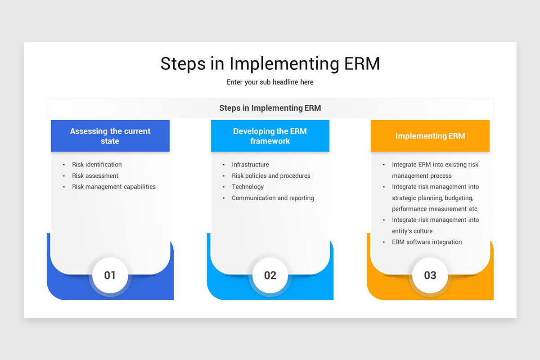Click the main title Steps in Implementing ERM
click(x=270, y=63)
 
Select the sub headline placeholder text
click(x=270, y=82)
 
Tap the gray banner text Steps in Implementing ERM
click(x=270, y=108)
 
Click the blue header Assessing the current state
click(x=110, y=136)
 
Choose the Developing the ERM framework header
click(x=270, y=136)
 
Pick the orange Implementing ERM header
click(x=430, y=136)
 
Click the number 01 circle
click(x=110, y=275)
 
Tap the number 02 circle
click(x=270, y=275)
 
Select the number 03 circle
click(x=430, y=275)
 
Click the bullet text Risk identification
click(x=97, y=165)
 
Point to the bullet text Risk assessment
click(x=95, y=176)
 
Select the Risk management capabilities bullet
click(x=114, y=187)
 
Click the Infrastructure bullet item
click(x=250, y=165)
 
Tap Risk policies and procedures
click(x=271, y=176)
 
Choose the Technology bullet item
click(x=247, y=187)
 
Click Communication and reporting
click(x=273, y=198)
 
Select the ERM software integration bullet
click(x=427, y=242)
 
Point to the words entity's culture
click(x=412, y=231)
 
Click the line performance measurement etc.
click(x=435, y=209)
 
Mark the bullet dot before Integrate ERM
click(x=384, y=165)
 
